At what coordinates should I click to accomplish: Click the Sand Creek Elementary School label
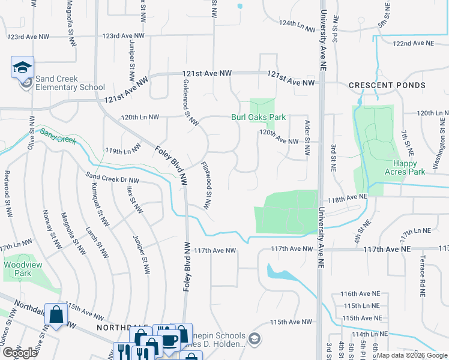(70, 83)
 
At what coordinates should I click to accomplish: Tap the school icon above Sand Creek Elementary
(22, 67)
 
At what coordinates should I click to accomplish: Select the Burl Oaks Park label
(258, 118)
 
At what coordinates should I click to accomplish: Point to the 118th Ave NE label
(346, 197)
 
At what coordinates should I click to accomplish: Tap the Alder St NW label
(307, 138)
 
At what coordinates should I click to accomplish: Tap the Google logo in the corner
(20, 353)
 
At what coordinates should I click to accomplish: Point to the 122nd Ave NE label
(413, 43)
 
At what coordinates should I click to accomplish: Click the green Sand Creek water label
(58, 136)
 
